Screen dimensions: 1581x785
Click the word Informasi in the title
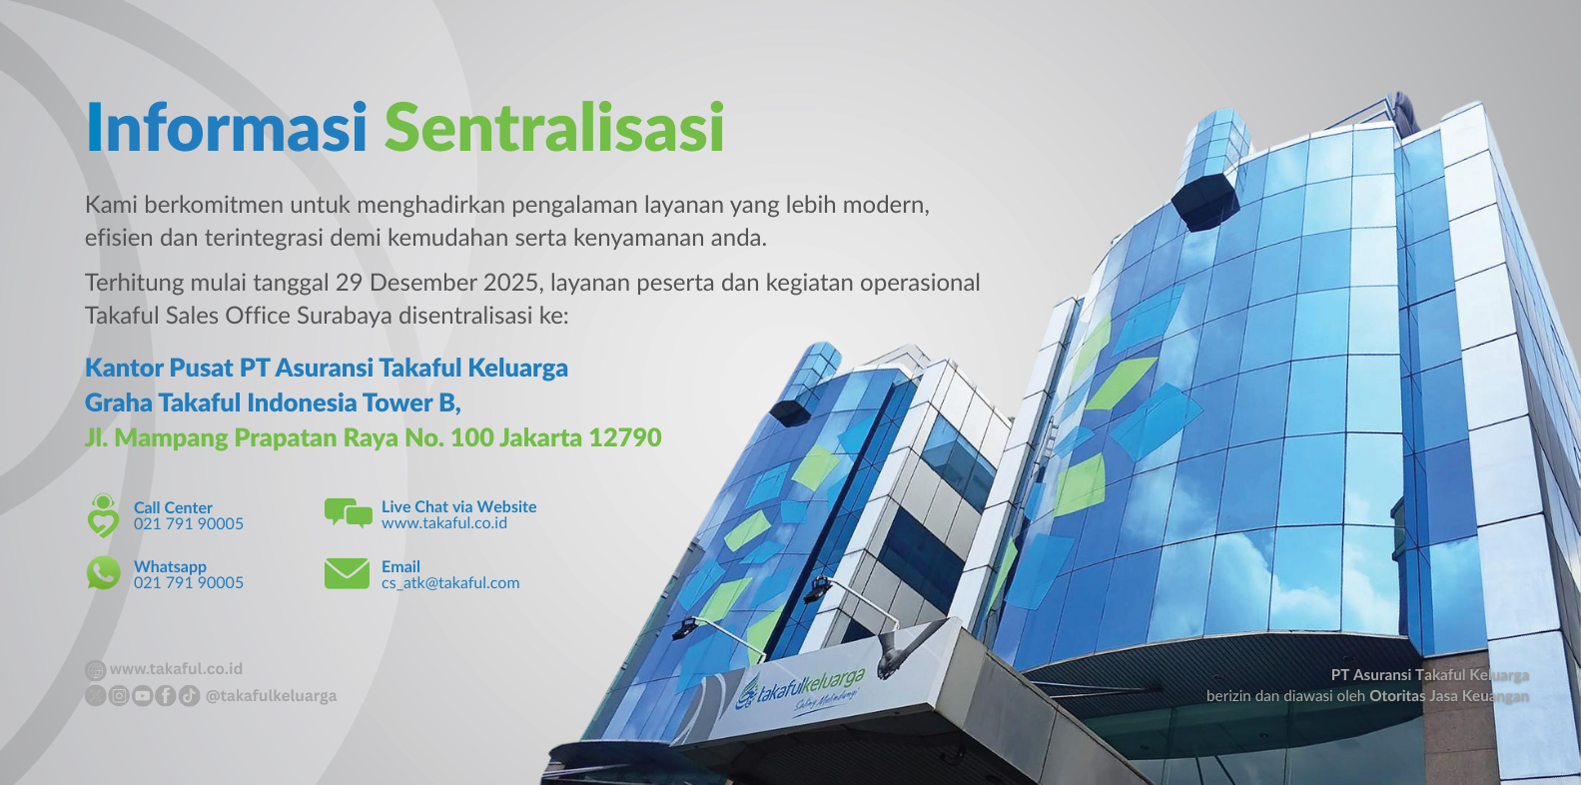pyautogui.click(x=226, y=127)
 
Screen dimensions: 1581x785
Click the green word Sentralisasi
pyautogui.click(x=554, y=127)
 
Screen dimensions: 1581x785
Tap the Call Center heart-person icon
pyautogui.click(x=103, y=515)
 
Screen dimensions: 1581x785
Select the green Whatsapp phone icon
pyautogui.click(x=103, y=572)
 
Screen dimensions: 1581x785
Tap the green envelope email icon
pyautogui.click(x=347, y=573)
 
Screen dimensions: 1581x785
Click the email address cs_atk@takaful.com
pyautogui.click(x=450, y=583)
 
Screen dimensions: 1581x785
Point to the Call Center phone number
pyautogui.click(x=189, y=523)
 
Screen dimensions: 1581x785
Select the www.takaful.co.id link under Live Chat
pyautogui.click(x=444, y=523)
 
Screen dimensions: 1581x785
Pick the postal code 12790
pyautogui.click(x=624, y=437)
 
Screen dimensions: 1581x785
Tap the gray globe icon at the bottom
pyautogui.click(x=95, y=670)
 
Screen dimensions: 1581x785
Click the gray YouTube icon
pyautogui.click(x=142, y=696)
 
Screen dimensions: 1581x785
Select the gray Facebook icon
pyautogui.click(x=165, y=696)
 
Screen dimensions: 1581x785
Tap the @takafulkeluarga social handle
pyautogui.click(x=271, y=696)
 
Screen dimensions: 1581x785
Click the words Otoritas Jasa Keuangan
pyautogui.click(x=1449, y=696)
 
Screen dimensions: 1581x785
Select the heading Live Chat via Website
pyautogui.click(x=458, y=507)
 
